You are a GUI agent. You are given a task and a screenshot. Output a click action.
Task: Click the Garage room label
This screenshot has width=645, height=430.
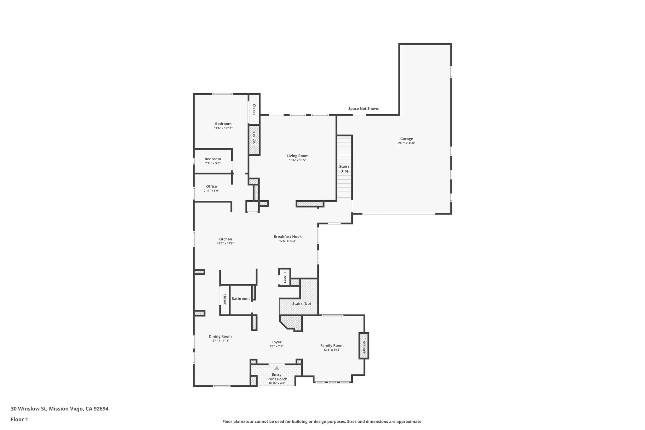(x=406, y=139)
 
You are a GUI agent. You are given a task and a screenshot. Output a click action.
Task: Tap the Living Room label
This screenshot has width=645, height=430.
(x=297, y=156)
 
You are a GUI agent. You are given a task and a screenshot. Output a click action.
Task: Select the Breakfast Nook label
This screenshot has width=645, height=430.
(x=288, y=237)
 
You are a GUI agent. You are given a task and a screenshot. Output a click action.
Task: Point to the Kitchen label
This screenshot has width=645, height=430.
(x=225, y=239)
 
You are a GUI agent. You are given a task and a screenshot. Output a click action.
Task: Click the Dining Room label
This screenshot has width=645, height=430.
(x=220, y=336)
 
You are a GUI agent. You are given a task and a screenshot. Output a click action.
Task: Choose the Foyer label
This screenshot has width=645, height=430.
(x=277, y=342)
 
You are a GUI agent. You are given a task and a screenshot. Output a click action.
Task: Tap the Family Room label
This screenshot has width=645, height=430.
(x=332, y=346)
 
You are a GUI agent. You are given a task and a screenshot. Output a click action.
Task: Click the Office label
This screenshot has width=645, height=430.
(x=211, y=186)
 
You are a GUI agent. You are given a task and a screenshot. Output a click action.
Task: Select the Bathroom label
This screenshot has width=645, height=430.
(x=241, y=299)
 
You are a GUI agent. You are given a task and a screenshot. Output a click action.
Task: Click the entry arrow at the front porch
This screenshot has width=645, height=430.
(x=277, y=368)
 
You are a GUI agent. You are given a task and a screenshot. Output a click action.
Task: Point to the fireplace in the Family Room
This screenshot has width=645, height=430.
(x=364, y=346)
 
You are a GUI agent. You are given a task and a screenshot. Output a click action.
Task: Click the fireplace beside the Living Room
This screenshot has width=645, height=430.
(x=254, y=140)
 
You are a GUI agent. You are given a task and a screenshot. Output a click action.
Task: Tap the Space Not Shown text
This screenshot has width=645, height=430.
(x=364, y=109)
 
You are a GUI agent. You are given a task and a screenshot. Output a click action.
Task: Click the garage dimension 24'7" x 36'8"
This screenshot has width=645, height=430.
(x=406, y=143)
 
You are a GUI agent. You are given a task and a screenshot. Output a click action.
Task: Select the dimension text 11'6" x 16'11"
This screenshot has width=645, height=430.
(x=223, y=128)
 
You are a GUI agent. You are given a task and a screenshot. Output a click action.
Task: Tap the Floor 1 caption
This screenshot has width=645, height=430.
(x=20, y=419)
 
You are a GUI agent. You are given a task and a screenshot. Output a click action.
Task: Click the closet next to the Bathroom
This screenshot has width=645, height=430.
(x=225, y=299)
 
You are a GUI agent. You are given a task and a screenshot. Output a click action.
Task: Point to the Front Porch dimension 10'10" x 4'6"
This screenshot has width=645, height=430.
(x=277, y=383)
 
